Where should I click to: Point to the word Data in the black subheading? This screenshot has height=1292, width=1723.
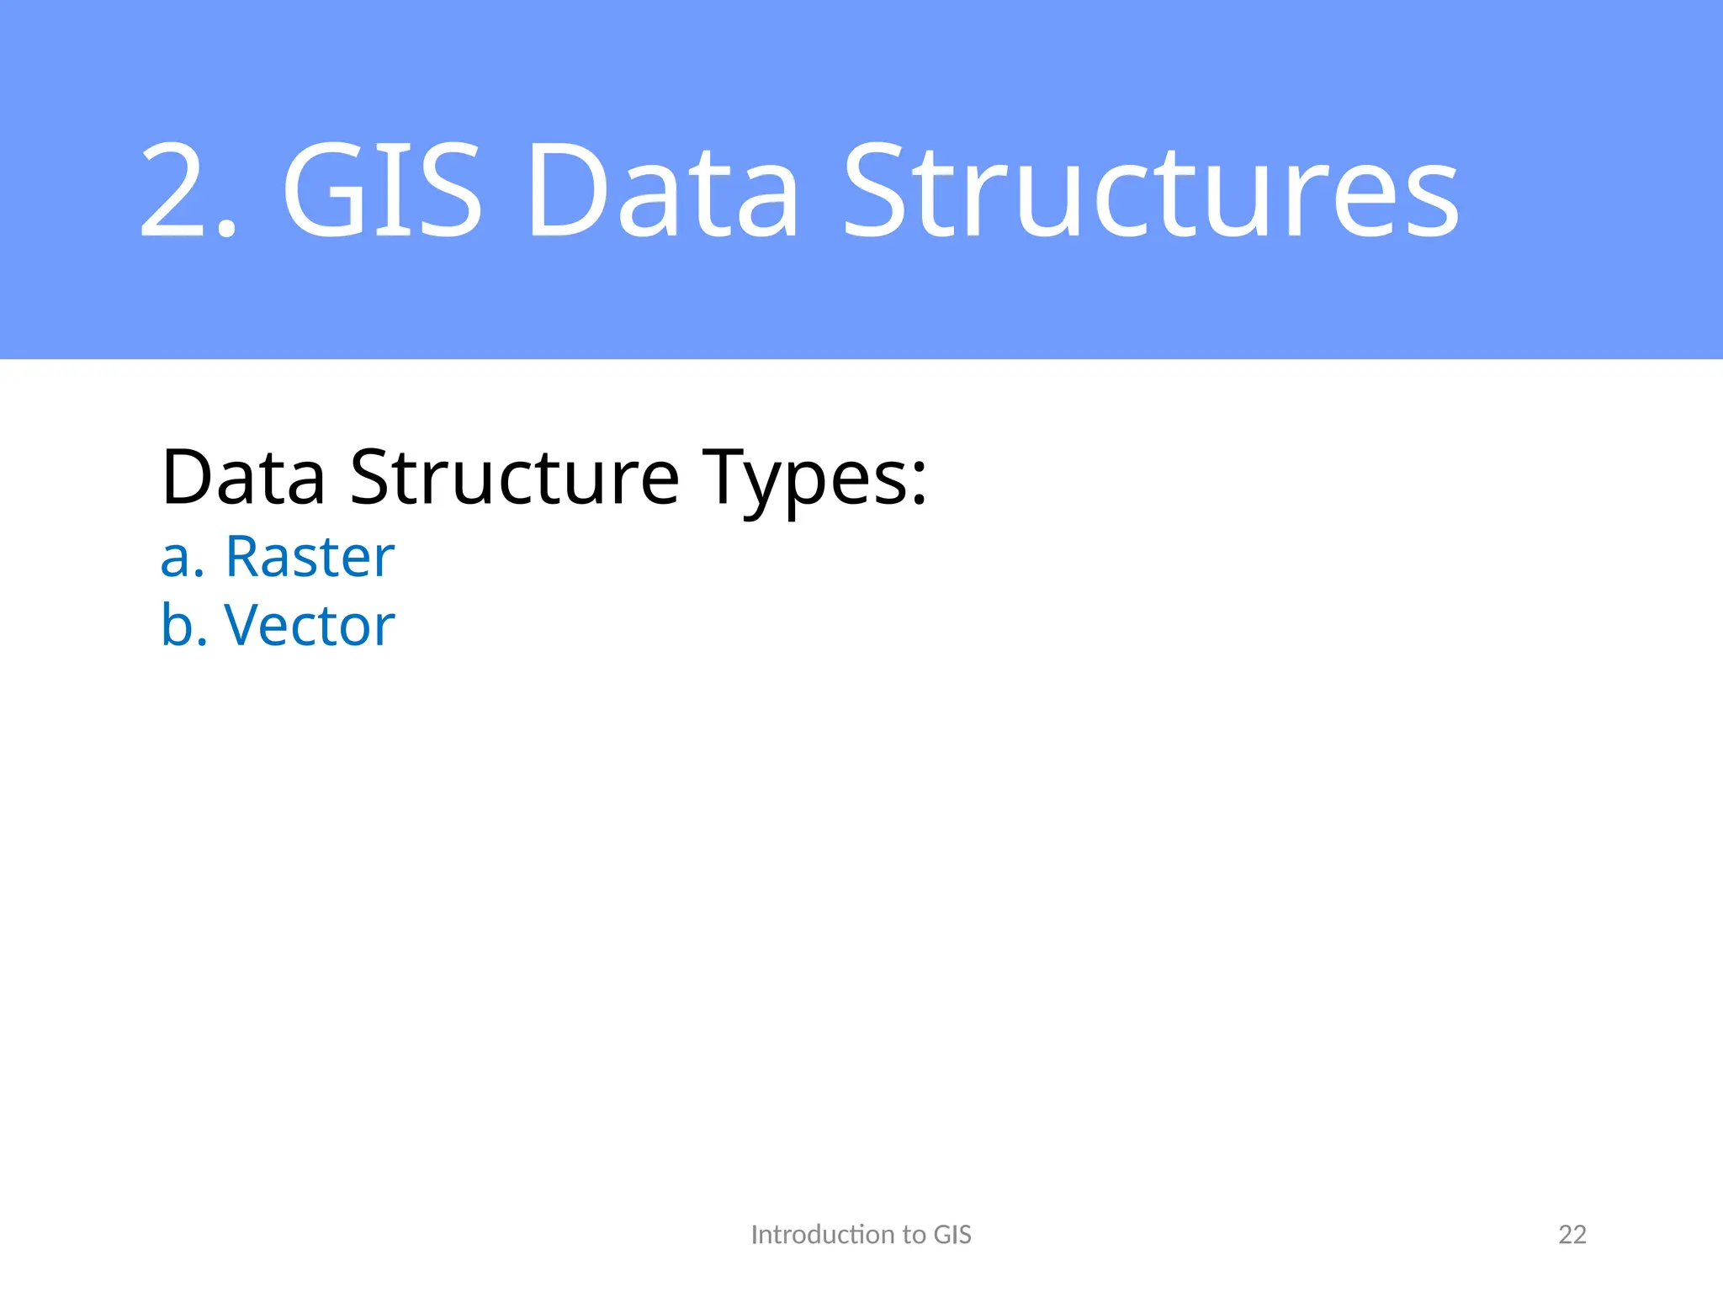[x=243, y=477]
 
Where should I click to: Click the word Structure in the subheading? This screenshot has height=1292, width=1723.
[x=514, y=477]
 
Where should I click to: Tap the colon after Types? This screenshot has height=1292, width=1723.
[x=918, y=487]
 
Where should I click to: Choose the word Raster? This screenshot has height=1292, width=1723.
[x=310, y=557]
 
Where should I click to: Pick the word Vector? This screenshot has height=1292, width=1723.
[x=310, y=626]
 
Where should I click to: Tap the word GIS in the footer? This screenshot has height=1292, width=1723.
[x=952, y=1234]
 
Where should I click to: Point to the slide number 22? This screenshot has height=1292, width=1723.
[x=1572, y=1234]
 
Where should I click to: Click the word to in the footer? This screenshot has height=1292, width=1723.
[x=915, y=1234]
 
